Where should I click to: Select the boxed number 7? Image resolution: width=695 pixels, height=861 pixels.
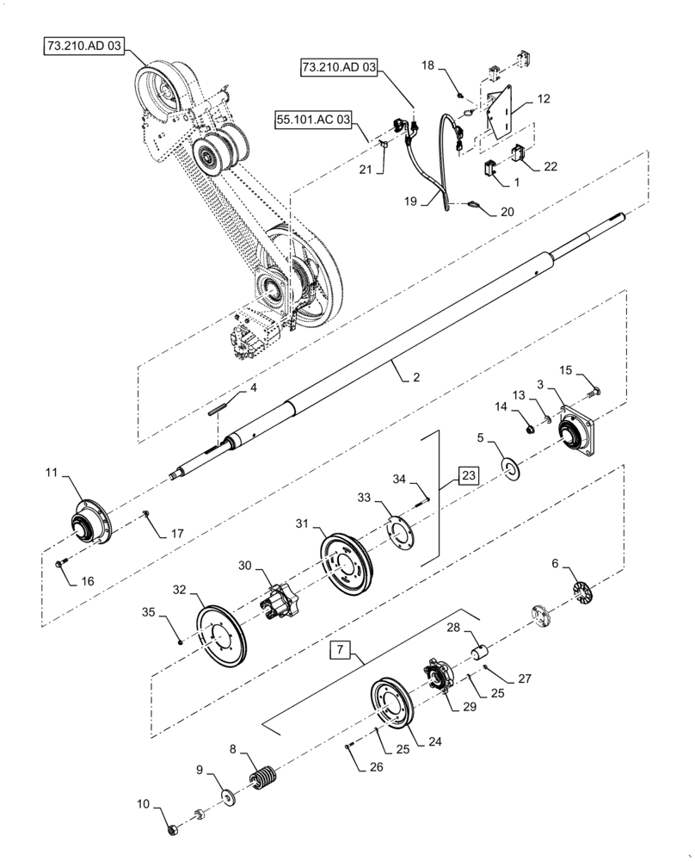click(x=341, y=650)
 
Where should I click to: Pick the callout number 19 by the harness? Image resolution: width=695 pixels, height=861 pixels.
click(x=411, y=201)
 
